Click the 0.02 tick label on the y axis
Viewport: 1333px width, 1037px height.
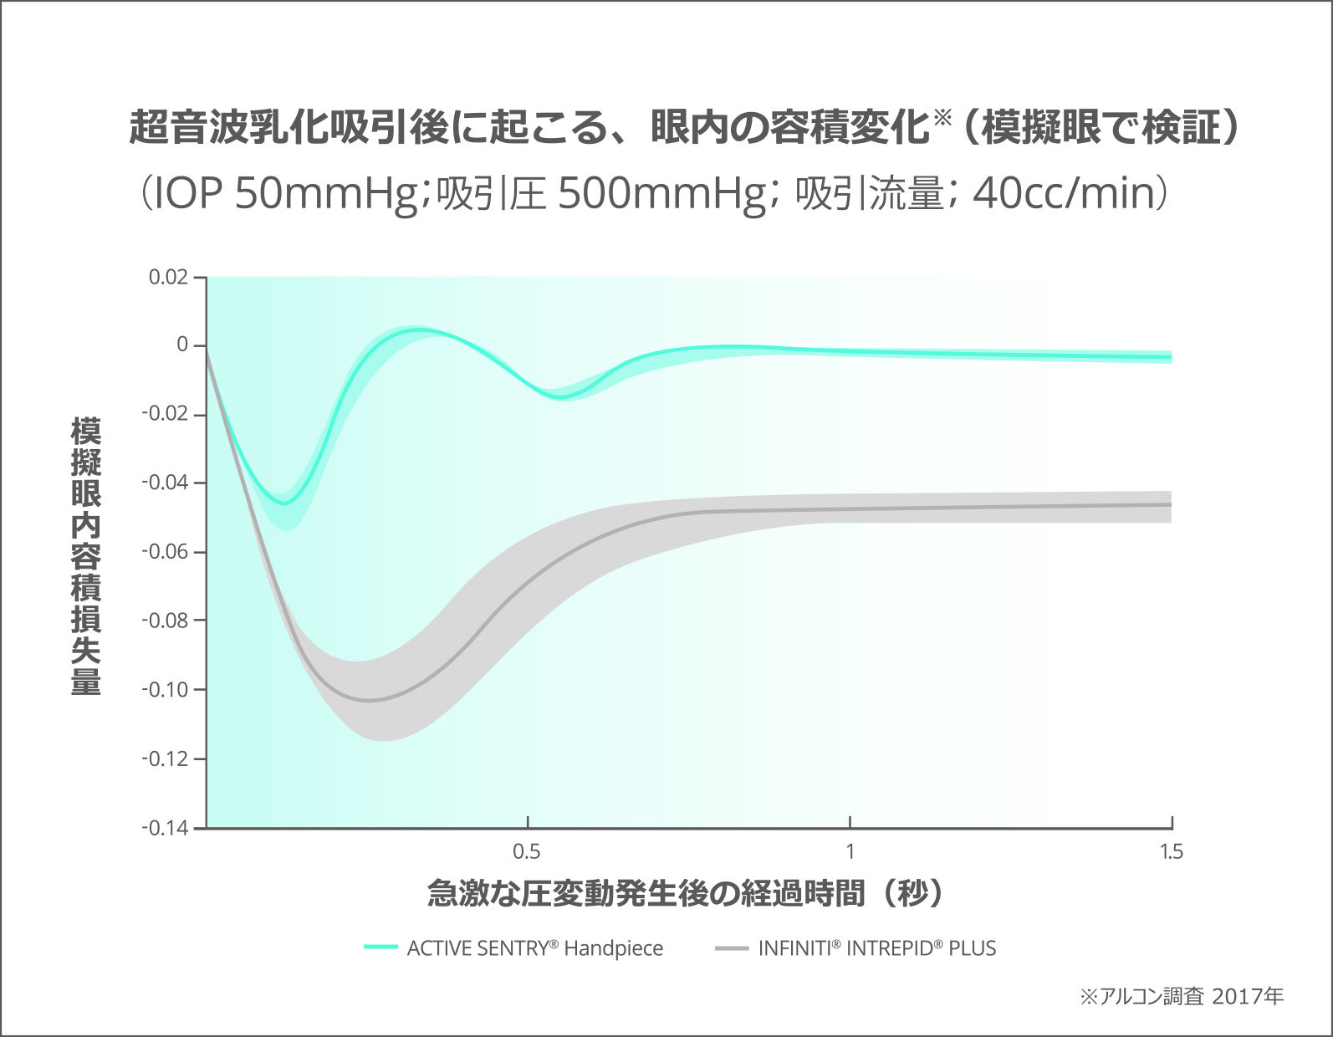click(167, 277)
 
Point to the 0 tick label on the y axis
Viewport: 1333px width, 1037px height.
click(181, 345)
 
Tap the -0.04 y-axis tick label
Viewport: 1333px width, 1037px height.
click(164, 483)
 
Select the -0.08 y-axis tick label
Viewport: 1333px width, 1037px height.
click(164, 621)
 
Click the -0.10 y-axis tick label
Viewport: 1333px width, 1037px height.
click(164, 690)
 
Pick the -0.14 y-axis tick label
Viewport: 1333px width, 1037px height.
click(164, 828)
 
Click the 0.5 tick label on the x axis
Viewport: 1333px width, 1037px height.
click(527, 851)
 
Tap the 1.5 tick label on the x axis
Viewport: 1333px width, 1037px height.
click(1172, 851)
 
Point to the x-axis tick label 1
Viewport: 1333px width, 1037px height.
click(850, 851)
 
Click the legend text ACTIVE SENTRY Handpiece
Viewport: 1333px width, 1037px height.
click(534, 948)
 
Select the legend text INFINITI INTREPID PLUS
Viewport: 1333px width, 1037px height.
click(877, 948)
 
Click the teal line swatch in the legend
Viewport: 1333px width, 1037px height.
click(380, 947)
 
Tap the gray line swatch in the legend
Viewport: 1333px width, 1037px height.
click(731, 948)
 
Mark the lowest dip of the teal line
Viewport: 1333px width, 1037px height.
click(285, 503)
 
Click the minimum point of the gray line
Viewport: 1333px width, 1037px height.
click(369, 701)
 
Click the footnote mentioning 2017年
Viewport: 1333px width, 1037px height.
click(1182, 996)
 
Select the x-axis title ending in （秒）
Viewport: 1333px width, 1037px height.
click(686, 893)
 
